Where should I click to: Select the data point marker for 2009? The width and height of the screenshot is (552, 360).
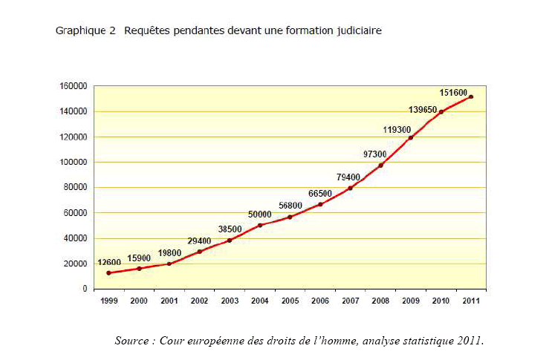(411, 137)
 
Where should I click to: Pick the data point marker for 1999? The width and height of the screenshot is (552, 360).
(110, 273)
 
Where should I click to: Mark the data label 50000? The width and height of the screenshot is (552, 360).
(259, 214)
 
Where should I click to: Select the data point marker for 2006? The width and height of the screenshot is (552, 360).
(320, 204)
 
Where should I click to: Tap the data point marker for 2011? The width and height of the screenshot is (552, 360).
(471, 96)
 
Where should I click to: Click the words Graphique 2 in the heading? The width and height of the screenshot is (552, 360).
(85, 31)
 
